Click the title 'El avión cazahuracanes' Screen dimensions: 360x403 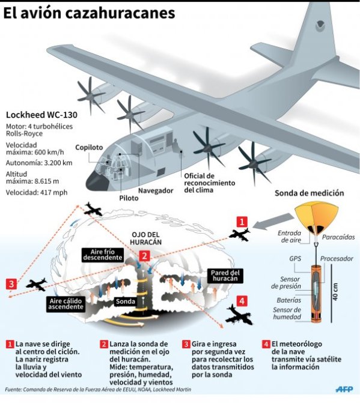pos(89,13)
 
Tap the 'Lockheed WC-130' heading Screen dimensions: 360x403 pos(41,115)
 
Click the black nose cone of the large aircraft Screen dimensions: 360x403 pos(96,181)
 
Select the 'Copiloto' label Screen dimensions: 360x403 pos(89,147)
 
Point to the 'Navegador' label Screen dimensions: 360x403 pos(156,190)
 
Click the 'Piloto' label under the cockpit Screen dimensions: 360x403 pos(129,198)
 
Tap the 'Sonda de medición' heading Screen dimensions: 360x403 pos(310,193)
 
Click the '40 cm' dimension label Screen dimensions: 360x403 pos(335,292)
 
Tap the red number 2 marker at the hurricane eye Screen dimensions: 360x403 pos(144,256)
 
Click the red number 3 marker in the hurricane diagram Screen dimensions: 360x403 pos(11,284)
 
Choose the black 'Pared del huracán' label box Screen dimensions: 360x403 pos(225,276)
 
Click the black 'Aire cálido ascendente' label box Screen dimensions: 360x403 pos(66,304)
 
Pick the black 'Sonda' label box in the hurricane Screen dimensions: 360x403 pos(126,301)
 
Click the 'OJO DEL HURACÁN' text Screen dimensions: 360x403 pos(146,238)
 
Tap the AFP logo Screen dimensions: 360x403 pos(344,389)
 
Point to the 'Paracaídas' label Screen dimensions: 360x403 pos(338,237)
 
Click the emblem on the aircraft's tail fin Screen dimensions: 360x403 pos(320,25)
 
